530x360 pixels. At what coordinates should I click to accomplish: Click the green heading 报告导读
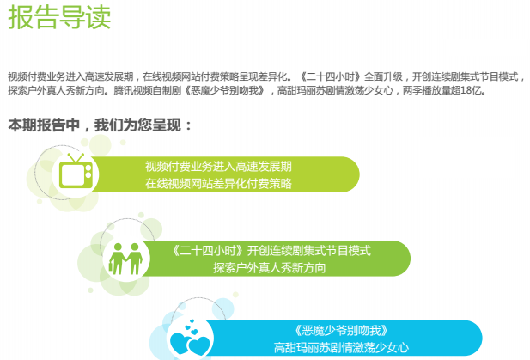[x=59, y=17]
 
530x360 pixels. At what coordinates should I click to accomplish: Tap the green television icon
[x=76, y=171]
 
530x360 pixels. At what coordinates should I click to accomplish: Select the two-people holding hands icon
[x=125, y=259]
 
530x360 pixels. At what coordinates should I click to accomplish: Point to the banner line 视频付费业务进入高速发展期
[x=218, y=167]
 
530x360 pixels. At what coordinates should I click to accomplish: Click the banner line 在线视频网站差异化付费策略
[x=218, y=184]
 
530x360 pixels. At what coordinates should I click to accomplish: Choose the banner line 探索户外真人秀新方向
[x=270, y=268]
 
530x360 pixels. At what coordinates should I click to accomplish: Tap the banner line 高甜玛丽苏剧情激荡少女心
[x=341, y=347]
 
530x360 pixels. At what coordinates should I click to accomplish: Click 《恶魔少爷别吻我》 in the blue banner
[x=341, y=330]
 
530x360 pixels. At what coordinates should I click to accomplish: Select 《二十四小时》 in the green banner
[x=208, y=251]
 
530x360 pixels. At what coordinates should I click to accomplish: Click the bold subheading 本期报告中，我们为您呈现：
[x=100, y=125]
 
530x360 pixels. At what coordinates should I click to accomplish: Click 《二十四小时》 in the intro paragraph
[x=332, y=76]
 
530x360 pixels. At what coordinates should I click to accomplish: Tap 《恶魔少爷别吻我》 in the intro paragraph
[x=224, y=90]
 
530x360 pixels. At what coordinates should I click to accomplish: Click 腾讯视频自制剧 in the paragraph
[x=148, y=90]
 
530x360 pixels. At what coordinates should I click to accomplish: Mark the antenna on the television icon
[x=76, y=158]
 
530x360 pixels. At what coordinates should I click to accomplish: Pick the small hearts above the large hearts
[x=192, y=326]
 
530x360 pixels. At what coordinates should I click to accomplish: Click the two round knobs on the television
[x=88, y=171]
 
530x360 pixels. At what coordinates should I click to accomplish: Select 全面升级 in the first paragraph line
[x=384, y=76]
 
